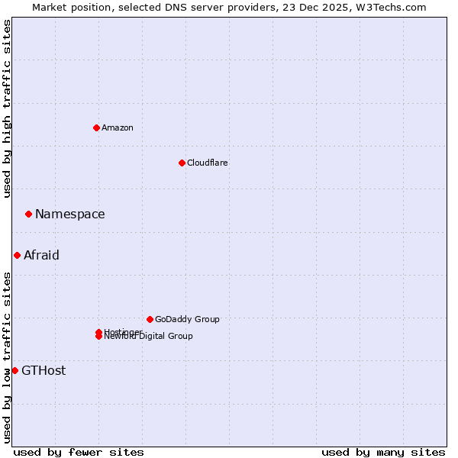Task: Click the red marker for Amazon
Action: click(96, 127)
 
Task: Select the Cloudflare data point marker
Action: click(182, 163)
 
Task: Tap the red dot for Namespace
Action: click(28, 214)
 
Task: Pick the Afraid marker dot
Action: click(17, 255)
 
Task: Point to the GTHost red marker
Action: click(15, 370)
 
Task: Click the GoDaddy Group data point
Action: click(150, 319)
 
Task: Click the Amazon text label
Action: click(118, 127)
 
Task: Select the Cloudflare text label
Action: click(208, 163)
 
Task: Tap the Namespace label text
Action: click(70, 214)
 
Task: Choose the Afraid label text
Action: click(41, 255)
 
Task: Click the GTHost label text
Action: click(44, 371)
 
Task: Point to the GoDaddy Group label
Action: click(187, 319)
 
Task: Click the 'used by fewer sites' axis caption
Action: click(79, 452)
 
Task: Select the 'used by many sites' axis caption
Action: click(383, 452)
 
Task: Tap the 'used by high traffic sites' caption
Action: click(7, 108)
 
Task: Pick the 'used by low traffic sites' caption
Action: click(7, 356)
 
